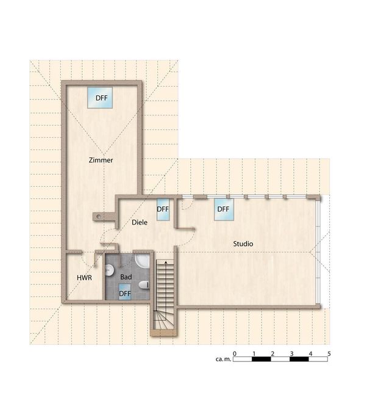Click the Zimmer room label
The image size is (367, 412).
(101, 160)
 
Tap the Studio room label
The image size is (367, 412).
(243, 244)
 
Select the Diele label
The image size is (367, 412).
(140, 222)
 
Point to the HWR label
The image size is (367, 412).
(84, 278)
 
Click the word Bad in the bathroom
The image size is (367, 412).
(126, 277)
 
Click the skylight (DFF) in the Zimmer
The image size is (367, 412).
(100, 98)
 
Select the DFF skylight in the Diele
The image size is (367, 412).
(163, 209)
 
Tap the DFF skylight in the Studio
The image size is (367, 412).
(224, 209)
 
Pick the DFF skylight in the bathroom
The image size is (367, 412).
(125, 292)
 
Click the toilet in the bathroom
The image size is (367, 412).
(144, 285)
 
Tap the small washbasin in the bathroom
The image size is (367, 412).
(110, 270)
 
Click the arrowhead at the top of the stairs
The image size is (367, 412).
(166, 262)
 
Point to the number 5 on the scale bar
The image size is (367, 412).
(329, 354)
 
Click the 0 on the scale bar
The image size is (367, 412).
(235, 354)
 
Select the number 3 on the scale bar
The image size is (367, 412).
(291, 354)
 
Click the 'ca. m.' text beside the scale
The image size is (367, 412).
(223, 359)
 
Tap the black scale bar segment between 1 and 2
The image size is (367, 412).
(261, 359)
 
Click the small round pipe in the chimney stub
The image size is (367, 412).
(98, 217)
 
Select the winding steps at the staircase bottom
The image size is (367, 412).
(163, 320)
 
